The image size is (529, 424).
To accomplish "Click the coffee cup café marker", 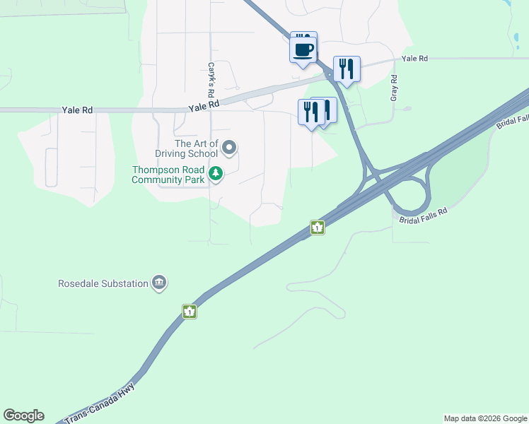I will [303, 50].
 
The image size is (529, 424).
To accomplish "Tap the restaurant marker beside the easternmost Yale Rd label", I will [347, 69].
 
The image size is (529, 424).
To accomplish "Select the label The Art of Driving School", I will [187, 148].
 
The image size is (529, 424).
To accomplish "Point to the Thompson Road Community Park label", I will [168, 175].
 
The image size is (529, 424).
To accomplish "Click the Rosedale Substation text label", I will [103, 284].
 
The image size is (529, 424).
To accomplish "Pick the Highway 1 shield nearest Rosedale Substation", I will [189, 311].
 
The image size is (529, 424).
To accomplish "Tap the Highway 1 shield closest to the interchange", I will [318, 228].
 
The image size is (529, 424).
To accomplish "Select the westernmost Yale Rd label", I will [78, 110].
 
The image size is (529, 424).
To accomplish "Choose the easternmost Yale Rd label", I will [414, 59].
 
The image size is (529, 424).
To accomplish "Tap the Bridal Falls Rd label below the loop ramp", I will [424, 216].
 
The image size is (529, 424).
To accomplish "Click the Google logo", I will [23, 416].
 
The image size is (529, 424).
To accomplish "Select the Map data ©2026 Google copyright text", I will [485, 418].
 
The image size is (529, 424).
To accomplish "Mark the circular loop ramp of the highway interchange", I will [409, 196].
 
